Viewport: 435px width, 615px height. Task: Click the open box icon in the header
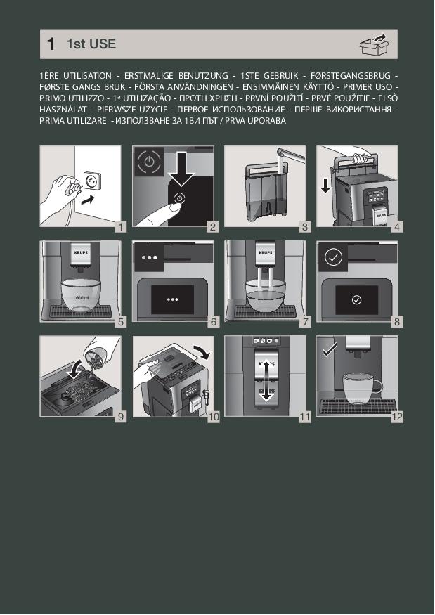click(375, 44)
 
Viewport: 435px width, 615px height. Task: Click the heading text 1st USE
click(91, 44)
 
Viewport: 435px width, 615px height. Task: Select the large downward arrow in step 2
click(181, 169)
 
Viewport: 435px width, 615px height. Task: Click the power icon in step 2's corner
click(149, 161)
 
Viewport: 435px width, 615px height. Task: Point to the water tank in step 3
click(265, 192)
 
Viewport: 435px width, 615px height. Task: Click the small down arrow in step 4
click(326, 186)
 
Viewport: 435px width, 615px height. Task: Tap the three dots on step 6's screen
click(173, 299)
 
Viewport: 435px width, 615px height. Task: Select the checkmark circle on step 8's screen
click(356, 299)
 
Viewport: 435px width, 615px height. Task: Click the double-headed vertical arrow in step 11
click(266, 380)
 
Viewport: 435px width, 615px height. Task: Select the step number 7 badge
click(305, 322)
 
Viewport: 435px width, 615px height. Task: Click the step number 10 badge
click(214, 417)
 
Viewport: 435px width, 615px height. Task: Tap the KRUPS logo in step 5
click(81, 252)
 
